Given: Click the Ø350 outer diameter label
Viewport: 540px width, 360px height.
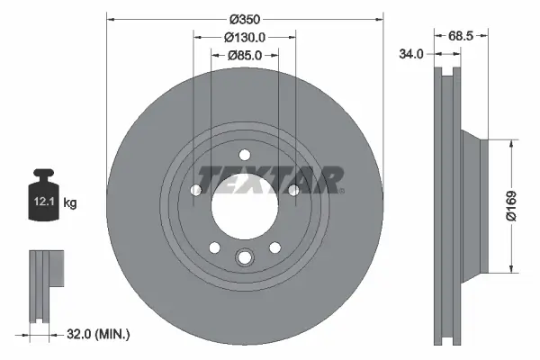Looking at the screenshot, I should (244, 19).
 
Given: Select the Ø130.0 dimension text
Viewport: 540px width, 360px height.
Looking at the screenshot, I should (244, 38).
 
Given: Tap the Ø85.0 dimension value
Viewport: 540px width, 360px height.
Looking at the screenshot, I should (244, 56).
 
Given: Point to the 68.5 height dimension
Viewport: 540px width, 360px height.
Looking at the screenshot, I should (460, 36).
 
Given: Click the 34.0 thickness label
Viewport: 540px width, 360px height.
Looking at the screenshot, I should (411, 54).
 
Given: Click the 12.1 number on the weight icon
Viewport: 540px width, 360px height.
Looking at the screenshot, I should (42, 203).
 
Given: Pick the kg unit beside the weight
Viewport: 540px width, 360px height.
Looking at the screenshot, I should (70, 203).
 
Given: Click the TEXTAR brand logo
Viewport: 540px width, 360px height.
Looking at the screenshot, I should (270, 179).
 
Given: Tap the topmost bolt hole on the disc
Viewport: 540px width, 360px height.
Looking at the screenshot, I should (244, 153).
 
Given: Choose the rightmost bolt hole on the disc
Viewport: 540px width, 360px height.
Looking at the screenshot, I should (293, 189).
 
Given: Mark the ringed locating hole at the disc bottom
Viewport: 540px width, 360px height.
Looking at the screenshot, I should (244, 260).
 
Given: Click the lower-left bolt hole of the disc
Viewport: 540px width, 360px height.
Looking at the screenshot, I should (213, 247).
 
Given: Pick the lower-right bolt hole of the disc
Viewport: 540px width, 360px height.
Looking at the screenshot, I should (274, 247).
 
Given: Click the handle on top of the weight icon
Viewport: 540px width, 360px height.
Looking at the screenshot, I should (42, 175).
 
